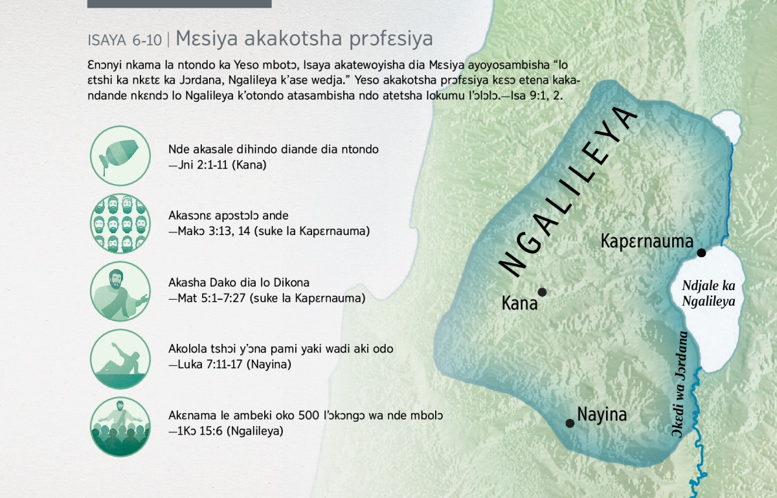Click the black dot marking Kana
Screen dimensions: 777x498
point(542,292)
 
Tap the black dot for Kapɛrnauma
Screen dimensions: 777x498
point(701,253)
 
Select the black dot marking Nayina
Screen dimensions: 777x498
point(570,423)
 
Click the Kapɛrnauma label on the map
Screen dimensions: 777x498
point(647,242)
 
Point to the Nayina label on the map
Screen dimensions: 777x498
point(602,415)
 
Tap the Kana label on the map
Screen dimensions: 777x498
point(519,303)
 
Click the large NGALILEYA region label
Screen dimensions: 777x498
point(568,192)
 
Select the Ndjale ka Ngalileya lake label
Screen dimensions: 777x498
point(708,293)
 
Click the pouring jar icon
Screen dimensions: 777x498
point(120,155)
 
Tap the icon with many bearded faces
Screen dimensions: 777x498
point(120,223)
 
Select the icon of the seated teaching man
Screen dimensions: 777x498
point(120,291)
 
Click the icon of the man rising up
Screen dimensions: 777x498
point(120,359)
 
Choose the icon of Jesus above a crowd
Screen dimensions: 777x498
point(120,427)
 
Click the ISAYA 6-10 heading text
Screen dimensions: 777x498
point(124,40)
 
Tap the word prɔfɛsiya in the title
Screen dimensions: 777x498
point(391,40)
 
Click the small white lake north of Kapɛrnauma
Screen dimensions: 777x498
point(726,126)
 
